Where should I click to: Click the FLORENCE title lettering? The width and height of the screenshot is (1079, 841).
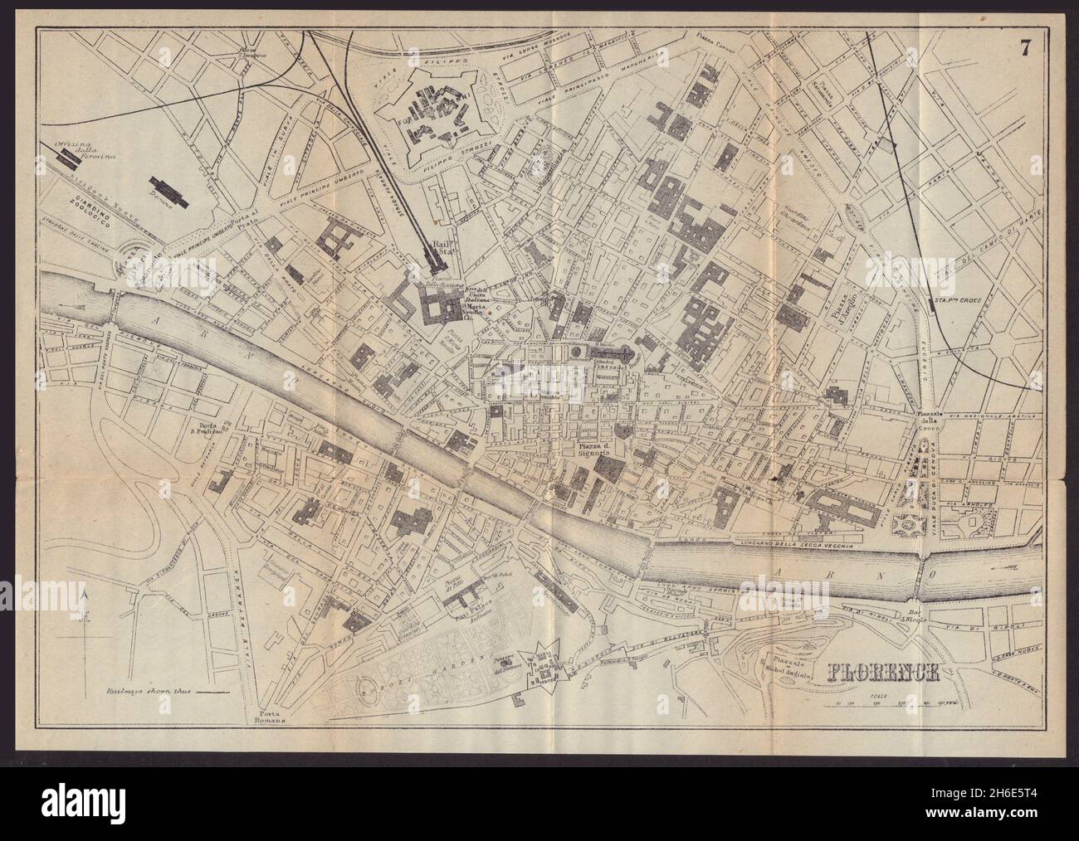(x=883, y=670)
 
